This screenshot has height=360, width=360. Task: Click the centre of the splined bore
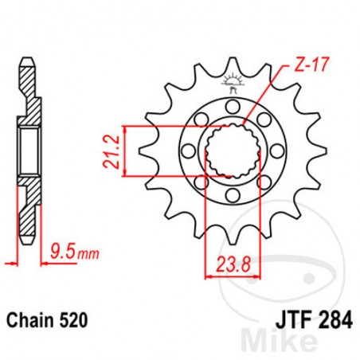click(233, 148)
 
